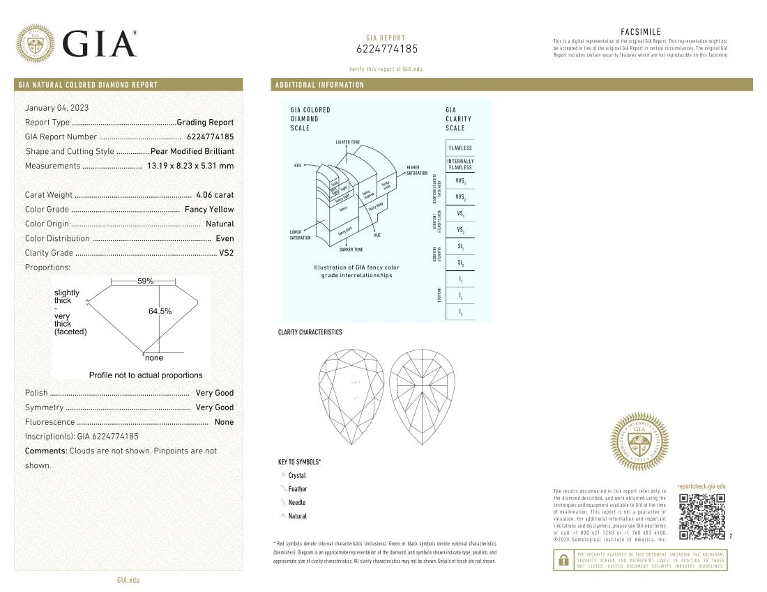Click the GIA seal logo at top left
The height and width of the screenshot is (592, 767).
pyautogui.click(x=35, y=43)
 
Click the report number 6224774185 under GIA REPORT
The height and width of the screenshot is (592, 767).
pyautogui.click(x=387, y=49)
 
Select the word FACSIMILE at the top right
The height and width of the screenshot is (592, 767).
pyautogui.click(x=640, y=32)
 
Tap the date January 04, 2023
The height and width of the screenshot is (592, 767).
pyautogui.click(x=56, y=108)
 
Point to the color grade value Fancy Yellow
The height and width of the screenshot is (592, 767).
pyautogui.click(x=209, y=210)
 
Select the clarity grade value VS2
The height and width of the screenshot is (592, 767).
pyautogui.click(x=227, y=253)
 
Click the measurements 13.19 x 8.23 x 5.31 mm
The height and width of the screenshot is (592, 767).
pyautogui.click(x=190, y=166)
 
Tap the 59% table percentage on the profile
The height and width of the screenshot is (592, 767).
pyautogui.click(x=145, y=281)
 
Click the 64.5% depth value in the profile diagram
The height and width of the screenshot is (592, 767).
pyautogui.click(x=160, y=311)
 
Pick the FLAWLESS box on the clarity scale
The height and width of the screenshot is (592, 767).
pyautogui.click(x=460, y=148)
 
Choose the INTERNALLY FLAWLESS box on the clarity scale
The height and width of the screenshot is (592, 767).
pyautogui.click(x=460, y=164)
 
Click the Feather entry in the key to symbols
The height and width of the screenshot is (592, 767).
pyautogui.click(x=298, y=489)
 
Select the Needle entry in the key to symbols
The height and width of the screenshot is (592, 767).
pyautogui.click(x=297, y=503)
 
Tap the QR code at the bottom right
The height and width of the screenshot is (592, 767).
pyautogui.click(x=701, y=516)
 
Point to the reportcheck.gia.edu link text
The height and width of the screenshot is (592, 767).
pyautogui.click(x=701, y=486)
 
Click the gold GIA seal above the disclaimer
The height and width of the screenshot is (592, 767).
pyautogui.click(x=639, y=442)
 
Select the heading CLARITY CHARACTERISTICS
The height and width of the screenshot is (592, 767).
pyautogui.click(x=310, y=332)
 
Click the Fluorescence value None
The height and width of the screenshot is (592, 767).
pyautogui.click(x=225, y=422)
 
